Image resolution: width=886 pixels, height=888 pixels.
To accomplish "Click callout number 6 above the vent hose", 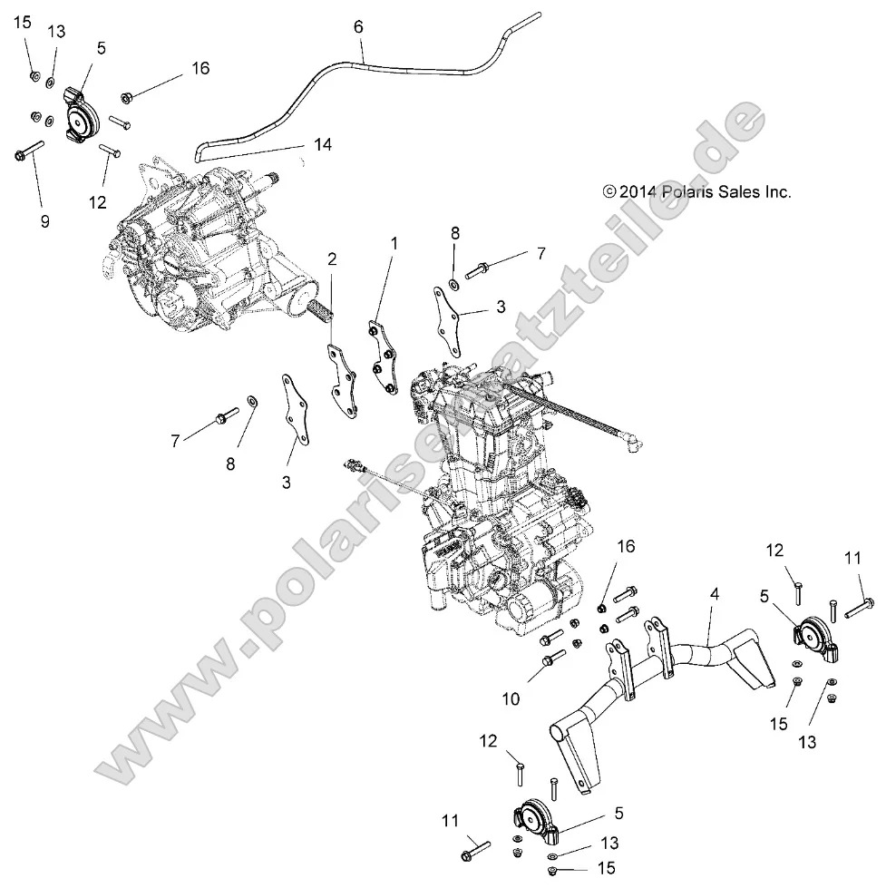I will point(358,27).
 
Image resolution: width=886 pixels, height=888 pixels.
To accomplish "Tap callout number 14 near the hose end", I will point(323,144).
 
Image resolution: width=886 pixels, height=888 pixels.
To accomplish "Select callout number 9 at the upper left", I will point(44,220).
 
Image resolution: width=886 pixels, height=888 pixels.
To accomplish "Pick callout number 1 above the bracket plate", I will point(394,243).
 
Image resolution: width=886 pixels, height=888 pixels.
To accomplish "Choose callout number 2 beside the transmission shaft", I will point(333,259).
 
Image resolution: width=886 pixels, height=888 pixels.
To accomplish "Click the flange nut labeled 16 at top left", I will point(126,95).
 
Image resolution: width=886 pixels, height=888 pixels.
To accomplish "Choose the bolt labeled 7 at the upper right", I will point(482,269).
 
